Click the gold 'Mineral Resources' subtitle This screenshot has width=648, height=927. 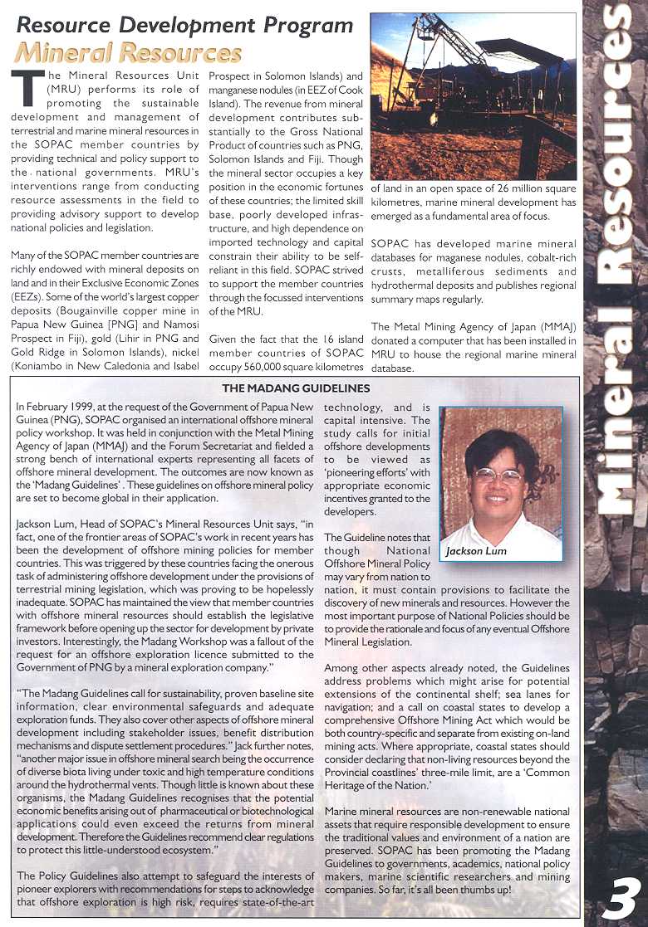(x=129, y=54)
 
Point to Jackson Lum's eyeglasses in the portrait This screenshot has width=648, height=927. (x=498, y=476)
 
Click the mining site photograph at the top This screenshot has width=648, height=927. (x=474, y=98)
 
